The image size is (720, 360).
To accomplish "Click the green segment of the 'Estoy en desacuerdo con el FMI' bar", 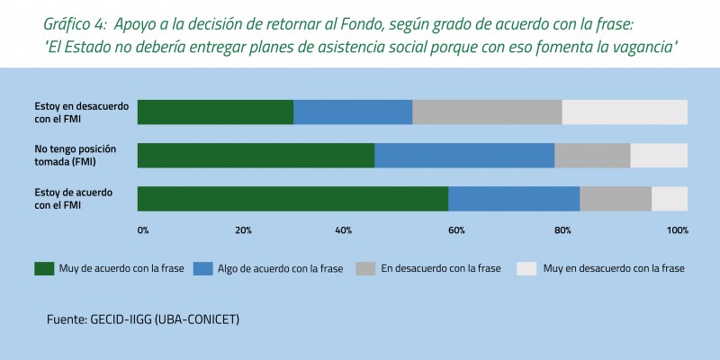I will click(x=215, y=112).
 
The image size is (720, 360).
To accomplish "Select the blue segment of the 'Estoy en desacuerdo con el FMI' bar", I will click(x=353, y=112).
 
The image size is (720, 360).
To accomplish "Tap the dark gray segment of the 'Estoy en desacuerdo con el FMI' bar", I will click(x=487, y=112).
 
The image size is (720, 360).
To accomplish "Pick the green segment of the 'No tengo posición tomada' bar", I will click(x=256, y=155).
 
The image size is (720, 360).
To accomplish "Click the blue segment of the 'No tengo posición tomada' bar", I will click(x=464, y=155).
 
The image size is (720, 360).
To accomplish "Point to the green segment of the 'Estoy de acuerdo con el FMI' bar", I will click(x=292, y=199).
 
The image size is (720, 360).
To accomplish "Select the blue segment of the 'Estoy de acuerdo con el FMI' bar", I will click(x=514, y=199).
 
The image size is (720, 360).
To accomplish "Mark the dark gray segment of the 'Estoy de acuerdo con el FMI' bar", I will click(x=616, y=199).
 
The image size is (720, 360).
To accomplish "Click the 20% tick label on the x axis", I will click(x=243, y=230).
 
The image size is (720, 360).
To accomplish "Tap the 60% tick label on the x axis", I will click(x=456, y=230).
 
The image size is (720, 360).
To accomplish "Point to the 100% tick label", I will click(x=678, y=230).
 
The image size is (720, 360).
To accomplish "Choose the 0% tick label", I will click(x=143, y=230).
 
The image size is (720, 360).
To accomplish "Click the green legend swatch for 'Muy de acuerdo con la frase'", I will click(x=43, y=268).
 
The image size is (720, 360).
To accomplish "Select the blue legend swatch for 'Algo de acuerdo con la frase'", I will click(x=203, y=268).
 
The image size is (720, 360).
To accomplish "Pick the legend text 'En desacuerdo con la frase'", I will click(x=441, y=268).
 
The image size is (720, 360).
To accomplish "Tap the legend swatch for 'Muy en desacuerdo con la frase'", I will click(x=526, y=268).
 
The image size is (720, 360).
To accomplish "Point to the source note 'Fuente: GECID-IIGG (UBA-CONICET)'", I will click(x=143, y=319).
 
